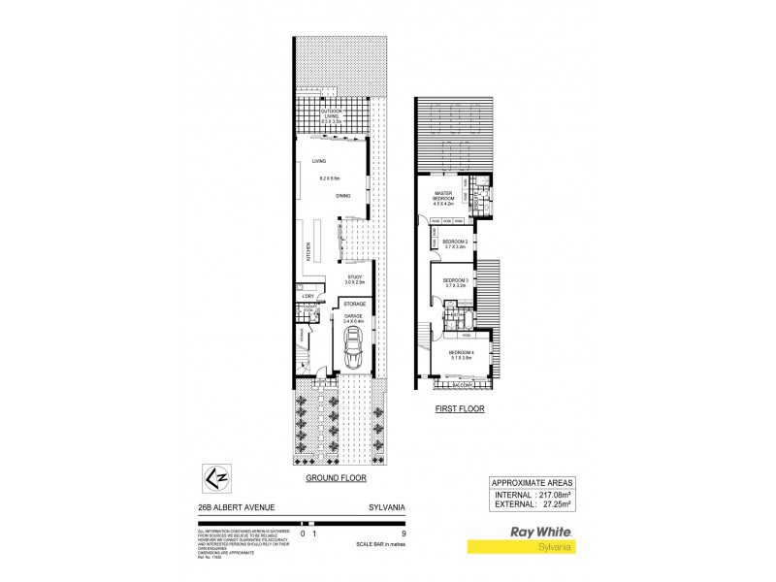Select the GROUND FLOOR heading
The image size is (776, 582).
[336, 478]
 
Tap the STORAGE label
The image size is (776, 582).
[354, 304]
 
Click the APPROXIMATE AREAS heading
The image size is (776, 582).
[532, 482]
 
